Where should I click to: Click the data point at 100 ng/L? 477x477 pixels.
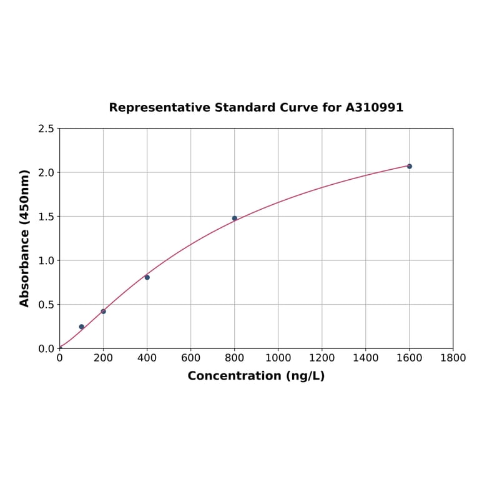pos(81,327)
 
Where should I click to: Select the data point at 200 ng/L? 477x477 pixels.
pos(103,311)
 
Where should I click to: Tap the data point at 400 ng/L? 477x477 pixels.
pos(147,277)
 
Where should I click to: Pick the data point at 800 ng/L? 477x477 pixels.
pos(234,218)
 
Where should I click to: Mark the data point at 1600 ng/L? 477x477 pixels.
pos(409,166)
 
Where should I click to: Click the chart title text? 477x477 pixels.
pos(256,107)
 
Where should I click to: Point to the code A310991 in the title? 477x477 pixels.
pos(375,107)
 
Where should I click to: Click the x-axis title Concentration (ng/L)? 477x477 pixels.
pos(256,376)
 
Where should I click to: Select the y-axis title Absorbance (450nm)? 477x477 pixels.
pos(25,238)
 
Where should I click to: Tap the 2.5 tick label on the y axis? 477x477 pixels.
pos(46,129)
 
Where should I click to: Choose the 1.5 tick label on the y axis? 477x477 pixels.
pos(46,217)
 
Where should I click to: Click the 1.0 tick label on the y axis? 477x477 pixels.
pos(46,260)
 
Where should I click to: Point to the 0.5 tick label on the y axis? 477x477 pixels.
pos(46,305)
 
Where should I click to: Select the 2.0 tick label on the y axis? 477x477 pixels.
pos(46,172)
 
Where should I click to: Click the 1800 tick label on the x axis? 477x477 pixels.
pos(453,358)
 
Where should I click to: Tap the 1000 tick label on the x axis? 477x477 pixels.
pos(278,358)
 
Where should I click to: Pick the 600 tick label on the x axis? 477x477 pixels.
pos(190,358)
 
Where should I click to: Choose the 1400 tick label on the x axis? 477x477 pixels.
pos(365,358)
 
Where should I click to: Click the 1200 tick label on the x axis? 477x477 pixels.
pos(322,358)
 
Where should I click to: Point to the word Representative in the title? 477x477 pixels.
pos(159,107)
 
